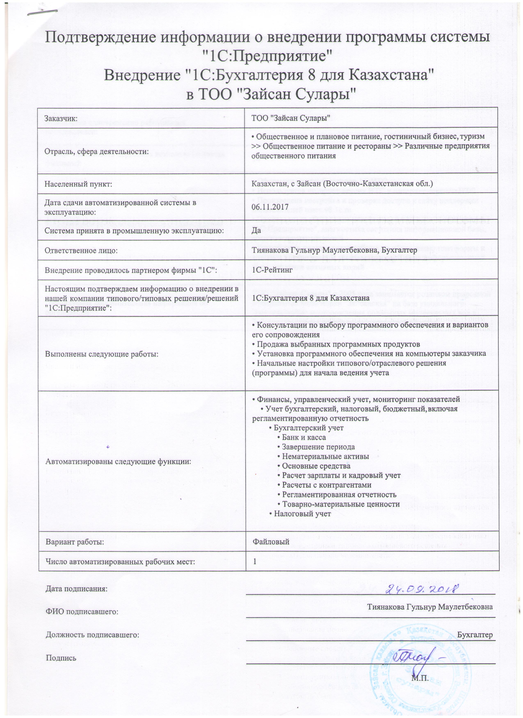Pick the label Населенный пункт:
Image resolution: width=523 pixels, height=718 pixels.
(79, 184)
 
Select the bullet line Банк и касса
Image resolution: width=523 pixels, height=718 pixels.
(301, 437)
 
